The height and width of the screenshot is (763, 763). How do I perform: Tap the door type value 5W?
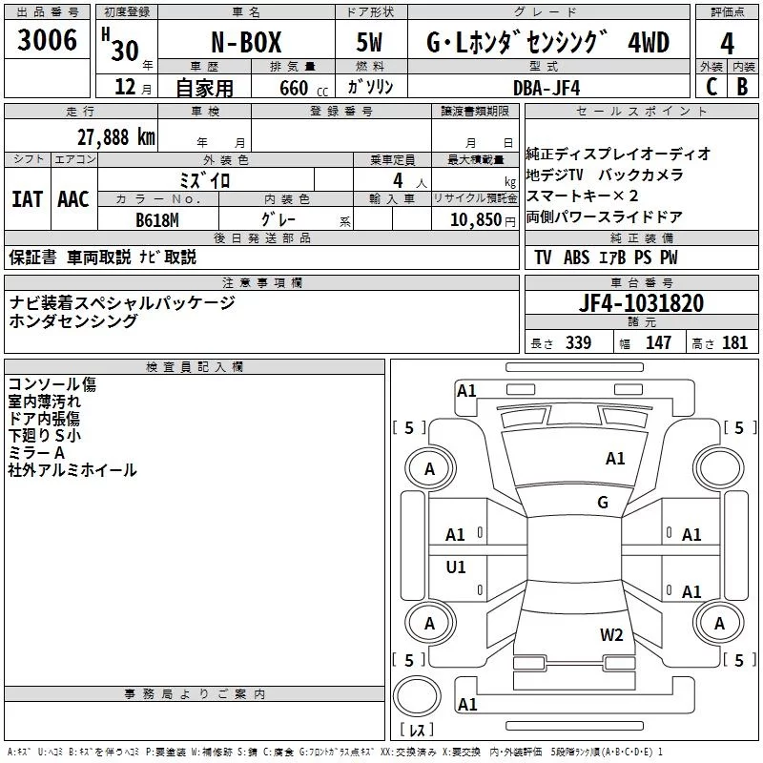[369, 43]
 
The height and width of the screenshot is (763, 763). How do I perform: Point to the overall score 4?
[727, 43]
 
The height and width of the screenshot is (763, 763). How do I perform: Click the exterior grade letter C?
[710, 86]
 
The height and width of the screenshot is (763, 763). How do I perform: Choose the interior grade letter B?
[742, 86]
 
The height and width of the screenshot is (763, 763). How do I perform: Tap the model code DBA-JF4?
[545, 88]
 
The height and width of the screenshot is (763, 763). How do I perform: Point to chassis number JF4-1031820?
[641, 304]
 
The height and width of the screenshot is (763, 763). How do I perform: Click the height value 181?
[734, 343]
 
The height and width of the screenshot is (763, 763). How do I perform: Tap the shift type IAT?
[26, 199]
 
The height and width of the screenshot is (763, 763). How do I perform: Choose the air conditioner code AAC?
[72, 199]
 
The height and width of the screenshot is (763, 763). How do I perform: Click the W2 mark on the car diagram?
[611, 634]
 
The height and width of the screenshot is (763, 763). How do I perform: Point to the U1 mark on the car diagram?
[456, 567]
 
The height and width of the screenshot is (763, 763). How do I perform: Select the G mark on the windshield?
[603, 503]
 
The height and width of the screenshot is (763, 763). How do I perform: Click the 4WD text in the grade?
[649, 43]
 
